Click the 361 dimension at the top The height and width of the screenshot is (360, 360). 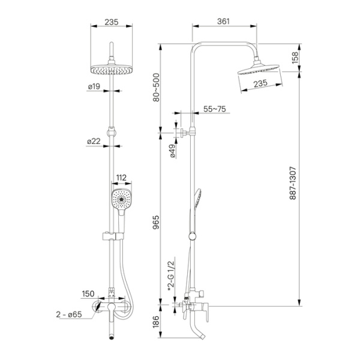pyautogui.click(x=223, y=22)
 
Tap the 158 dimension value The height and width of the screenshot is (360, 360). pyautogui.click(x=311, y=58)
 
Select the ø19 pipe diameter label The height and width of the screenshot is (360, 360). pyautogui.click(x=93, y=87)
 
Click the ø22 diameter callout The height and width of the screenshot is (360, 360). pyautogui.click(x=93, y=141)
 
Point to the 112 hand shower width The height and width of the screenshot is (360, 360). pyautogui.click(x=121, y=178)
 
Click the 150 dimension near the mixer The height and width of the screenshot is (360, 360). pyautogui.click(x=88, y=294)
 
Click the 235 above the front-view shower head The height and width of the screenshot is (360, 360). pyautogui.click(x=111, y=22)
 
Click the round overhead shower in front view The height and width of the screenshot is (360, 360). pyautogui.click(x=111, y=69)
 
